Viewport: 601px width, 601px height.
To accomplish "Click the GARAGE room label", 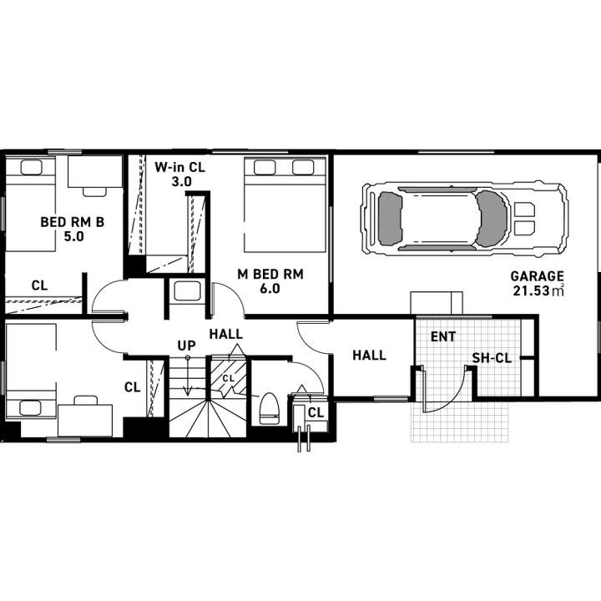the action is (537, 276).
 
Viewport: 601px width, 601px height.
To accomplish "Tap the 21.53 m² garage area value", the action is (538, 290).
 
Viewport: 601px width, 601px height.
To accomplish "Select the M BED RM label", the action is (270, 274).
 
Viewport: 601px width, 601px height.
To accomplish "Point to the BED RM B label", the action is (73, 222).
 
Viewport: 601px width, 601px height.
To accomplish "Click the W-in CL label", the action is (179, 167).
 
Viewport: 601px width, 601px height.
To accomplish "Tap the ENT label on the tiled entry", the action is (443, 336).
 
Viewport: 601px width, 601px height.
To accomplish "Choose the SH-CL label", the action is (492, 358).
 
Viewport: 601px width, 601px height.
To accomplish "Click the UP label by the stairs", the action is (187, 346).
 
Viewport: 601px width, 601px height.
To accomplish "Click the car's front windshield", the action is (491, 219).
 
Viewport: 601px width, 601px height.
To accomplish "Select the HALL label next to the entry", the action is (369, 356).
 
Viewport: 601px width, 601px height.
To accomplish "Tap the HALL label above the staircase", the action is (226, 334).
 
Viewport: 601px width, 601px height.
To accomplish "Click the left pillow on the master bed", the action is (265, 168).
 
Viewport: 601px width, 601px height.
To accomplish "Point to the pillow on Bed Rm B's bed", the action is (32, 168).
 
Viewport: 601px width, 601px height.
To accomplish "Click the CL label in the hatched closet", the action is (229, 378).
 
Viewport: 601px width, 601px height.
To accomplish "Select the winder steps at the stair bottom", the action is (208, 418).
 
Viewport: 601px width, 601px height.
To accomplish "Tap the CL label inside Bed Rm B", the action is (39, 285).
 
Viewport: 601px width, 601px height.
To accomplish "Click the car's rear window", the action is (390, 219).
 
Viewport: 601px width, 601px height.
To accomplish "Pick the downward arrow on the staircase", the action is (188, 376).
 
